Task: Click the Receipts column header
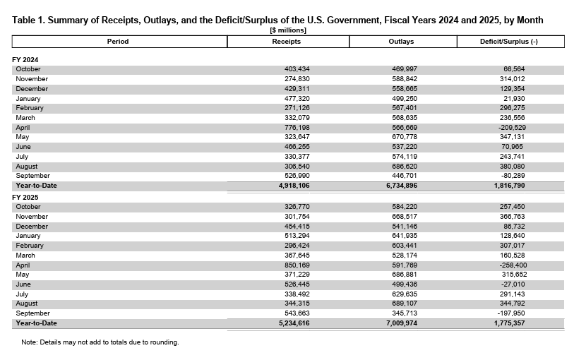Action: (x=287, y=42)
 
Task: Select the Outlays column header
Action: (x=401, y=42)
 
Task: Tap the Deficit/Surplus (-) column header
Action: (x=508, y=42)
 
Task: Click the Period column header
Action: (x=118, y=42)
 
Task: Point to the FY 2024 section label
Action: (x=26, y=60)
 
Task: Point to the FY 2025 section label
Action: (x=26, y=197)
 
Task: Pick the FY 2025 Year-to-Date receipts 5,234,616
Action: (x=292, y=323)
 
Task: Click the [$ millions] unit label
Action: (x=288, y=30)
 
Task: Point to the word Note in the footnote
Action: (x=30, y=342)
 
